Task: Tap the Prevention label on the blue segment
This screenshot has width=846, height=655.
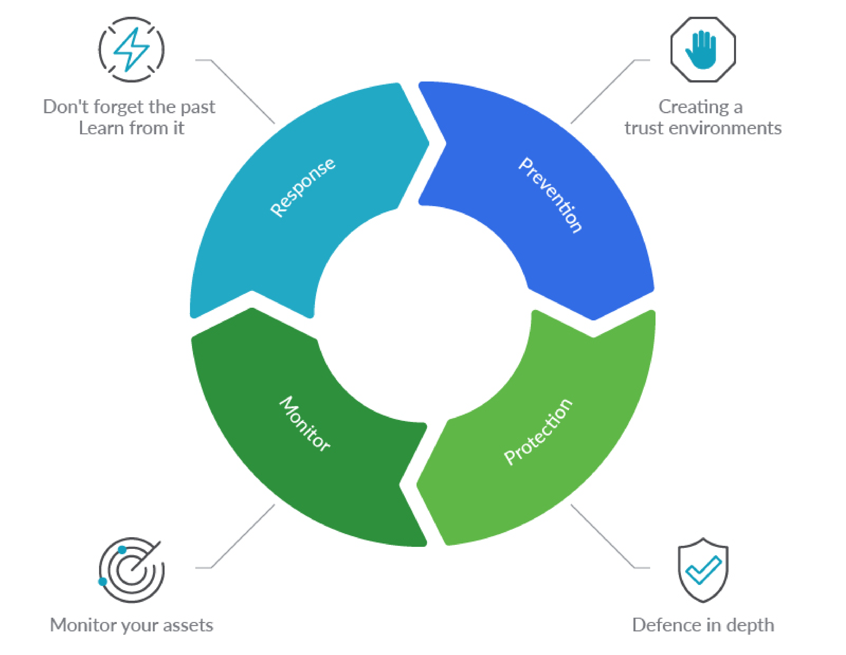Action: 550,195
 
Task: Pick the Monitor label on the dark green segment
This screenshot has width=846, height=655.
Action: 305,423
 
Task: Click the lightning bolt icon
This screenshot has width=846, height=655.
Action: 131,50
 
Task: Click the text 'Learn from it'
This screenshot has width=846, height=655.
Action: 131,128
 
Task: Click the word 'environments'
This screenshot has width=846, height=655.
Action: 730,128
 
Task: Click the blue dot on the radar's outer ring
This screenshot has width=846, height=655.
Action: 103,581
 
